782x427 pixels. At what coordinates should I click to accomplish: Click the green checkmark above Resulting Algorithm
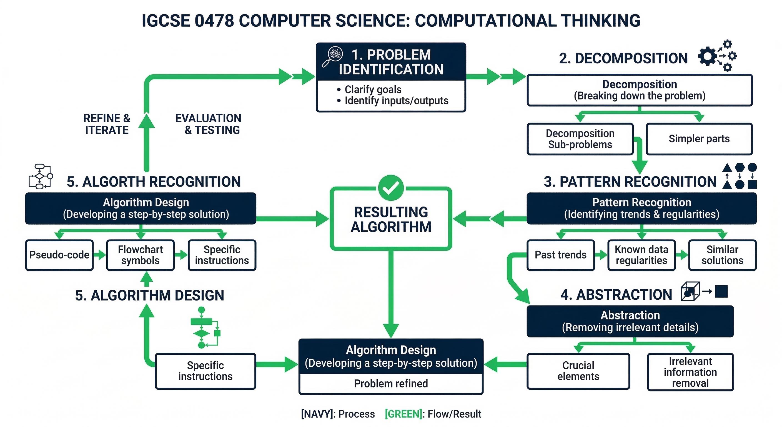point(391,188)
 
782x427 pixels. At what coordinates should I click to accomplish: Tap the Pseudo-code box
point(59,255)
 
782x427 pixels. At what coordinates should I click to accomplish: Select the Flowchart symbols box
point(140,255)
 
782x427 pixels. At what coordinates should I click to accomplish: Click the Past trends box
point(560,255)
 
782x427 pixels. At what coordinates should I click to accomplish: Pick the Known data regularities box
point(641,255)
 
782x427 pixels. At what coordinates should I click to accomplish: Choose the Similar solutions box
point(722,255)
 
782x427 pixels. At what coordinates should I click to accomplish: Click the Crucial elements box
point(578,371)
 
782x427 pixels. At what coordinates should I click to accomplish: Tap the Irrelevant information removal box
point(690,372)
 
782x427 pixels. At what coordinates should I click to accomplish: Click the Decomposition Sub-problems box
point(580,139)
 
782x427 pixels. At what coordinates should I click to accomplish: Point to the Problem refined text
point(391,384)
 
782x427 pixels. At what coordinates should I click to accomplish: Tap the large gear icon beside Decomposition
point(707,56)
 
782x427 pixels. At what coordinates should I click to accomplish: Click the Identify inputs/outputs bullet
point(396,101)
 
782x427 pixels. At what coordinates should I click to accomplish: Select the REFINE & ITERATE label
point(107,124)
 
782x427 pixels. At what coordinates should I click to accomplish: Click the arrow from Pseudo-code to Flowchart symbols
point(100,255)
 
